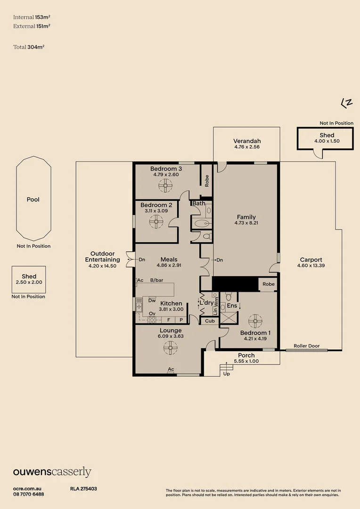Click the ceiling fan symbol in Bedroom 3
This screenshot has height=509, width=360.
click(x=165, y=186)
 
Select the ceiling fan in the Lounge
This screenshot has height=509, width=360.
click(x=171, y=348)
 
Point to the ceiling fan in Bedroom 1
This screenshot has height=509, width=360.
click(x=255, y=321)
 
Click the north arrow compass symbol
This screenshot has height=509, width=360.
click(x=347, y=103)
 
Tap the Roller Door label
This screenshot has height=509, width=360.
click(x=307, y=346)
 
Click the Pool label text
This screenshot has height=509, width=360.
click(x=33, y=200)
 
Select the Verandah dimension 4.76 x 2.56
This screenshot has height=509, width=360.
click(x=247, y=147)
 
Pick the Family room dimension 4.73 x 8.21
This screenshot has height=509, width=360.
click(x=246, y=223)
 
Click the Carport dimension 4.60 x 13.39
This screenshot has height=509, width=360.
click(x=311, y=265)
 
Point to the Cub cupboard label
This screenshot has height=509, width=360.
click(x=210, y=321)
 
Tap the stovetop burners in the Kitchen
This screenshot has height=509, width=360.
click(x=152, y=320)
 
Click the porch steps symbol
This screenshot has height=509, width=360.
click(x=226, y=368)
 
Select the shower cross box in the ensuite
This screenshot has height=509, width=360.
click(x=229, y=318)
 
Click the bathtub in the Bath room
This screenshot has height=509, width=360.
click(x=202, y=223)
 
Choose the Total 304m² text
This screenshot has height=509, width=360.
click(x=29, y=47)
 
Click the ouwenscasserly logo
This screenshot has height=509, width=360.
click(x=52, y=472)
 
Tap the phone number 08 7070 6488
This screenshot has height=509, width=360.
click(x=29, y=494)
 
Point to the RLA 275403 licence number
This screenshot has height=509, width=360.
click(x=83, y=489)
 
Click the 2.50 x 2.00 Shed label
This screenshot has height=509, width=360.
click(x=29, y=282)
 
